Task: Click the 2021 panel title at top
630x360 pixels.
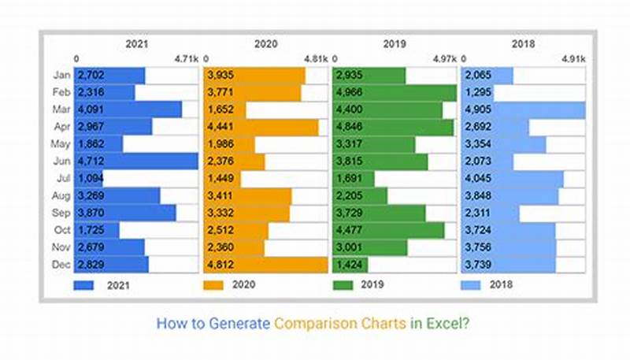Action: tap(136, 46)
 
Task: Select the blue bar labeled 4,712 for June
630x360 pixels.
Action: tap(136, 161)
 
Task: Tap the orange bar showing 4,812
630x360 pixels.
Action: tap(265, 264)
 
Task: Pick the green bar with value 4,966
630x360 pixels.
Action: tap(395, 92)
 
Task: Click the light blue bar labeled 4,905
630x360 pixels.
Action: tap(524, 109)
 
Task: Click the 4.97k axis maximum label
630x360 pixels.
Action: tap(444, 58)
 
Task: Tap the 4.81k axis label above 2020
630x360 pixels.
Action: tap(315, 58)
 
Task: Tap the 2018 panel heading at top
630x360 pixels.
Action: tap(524, 46)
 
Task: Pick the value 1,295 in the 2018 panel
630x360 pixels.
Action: tap(477, 93)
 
